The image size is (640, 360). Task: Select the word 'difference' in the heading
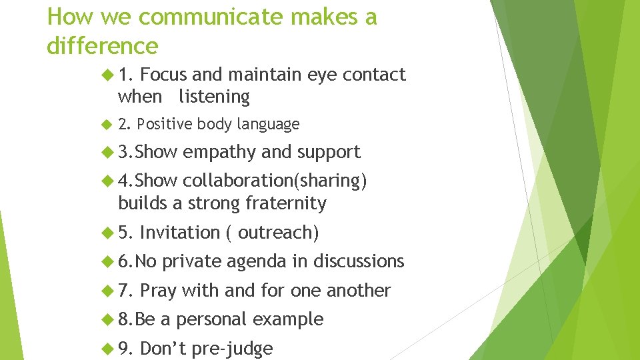click(x=103, y=46)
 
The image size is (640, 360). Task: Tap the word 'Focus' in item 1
click(x=165, y=75)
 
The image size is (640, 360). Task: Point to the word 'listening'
click(x=214, y=97)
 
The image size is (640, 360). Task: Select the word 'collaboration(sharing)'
click(x=275, y=181)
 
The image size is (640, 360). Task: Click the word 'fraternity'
click(x=287, y=203)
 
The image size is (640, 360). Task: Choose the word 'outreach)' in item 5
click(x=279, y=233)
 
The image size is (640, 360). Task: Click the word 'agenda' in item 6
click(x=257, y=261)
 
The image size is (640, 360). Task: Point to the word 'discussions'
click(x=359, y=261)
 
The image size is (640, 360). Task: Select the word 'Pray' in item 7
click(x=158, y=291)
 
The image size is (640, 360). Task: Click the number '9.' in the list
click(x=126, y=349)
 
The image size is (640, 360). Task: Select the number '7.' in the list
click(x=126, y=291)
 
